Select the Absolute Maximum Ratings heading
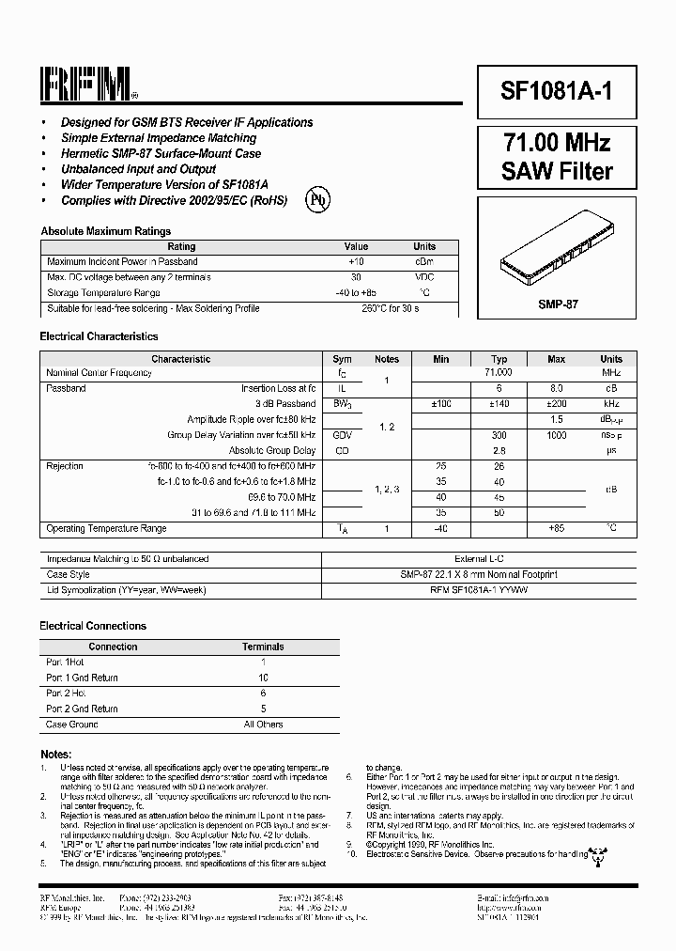[105, 231]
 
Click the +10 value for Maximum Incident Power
[356, 261]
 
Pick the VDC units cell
[424, 277]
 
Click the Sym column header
[342, 359]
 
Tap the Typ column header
[499, 359]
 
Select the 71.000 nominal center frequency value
[499, 373]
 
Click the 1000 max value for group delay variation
[556, 435]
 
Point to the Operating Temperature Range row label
[106, 528]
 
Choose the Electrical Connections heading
[93, 626]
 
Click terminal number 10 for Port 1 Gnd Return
[263, 678]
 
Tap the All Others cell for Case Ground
[263, 725]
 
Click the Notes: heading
[55, 755]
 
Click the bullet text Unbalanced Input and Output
[138, 169]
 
